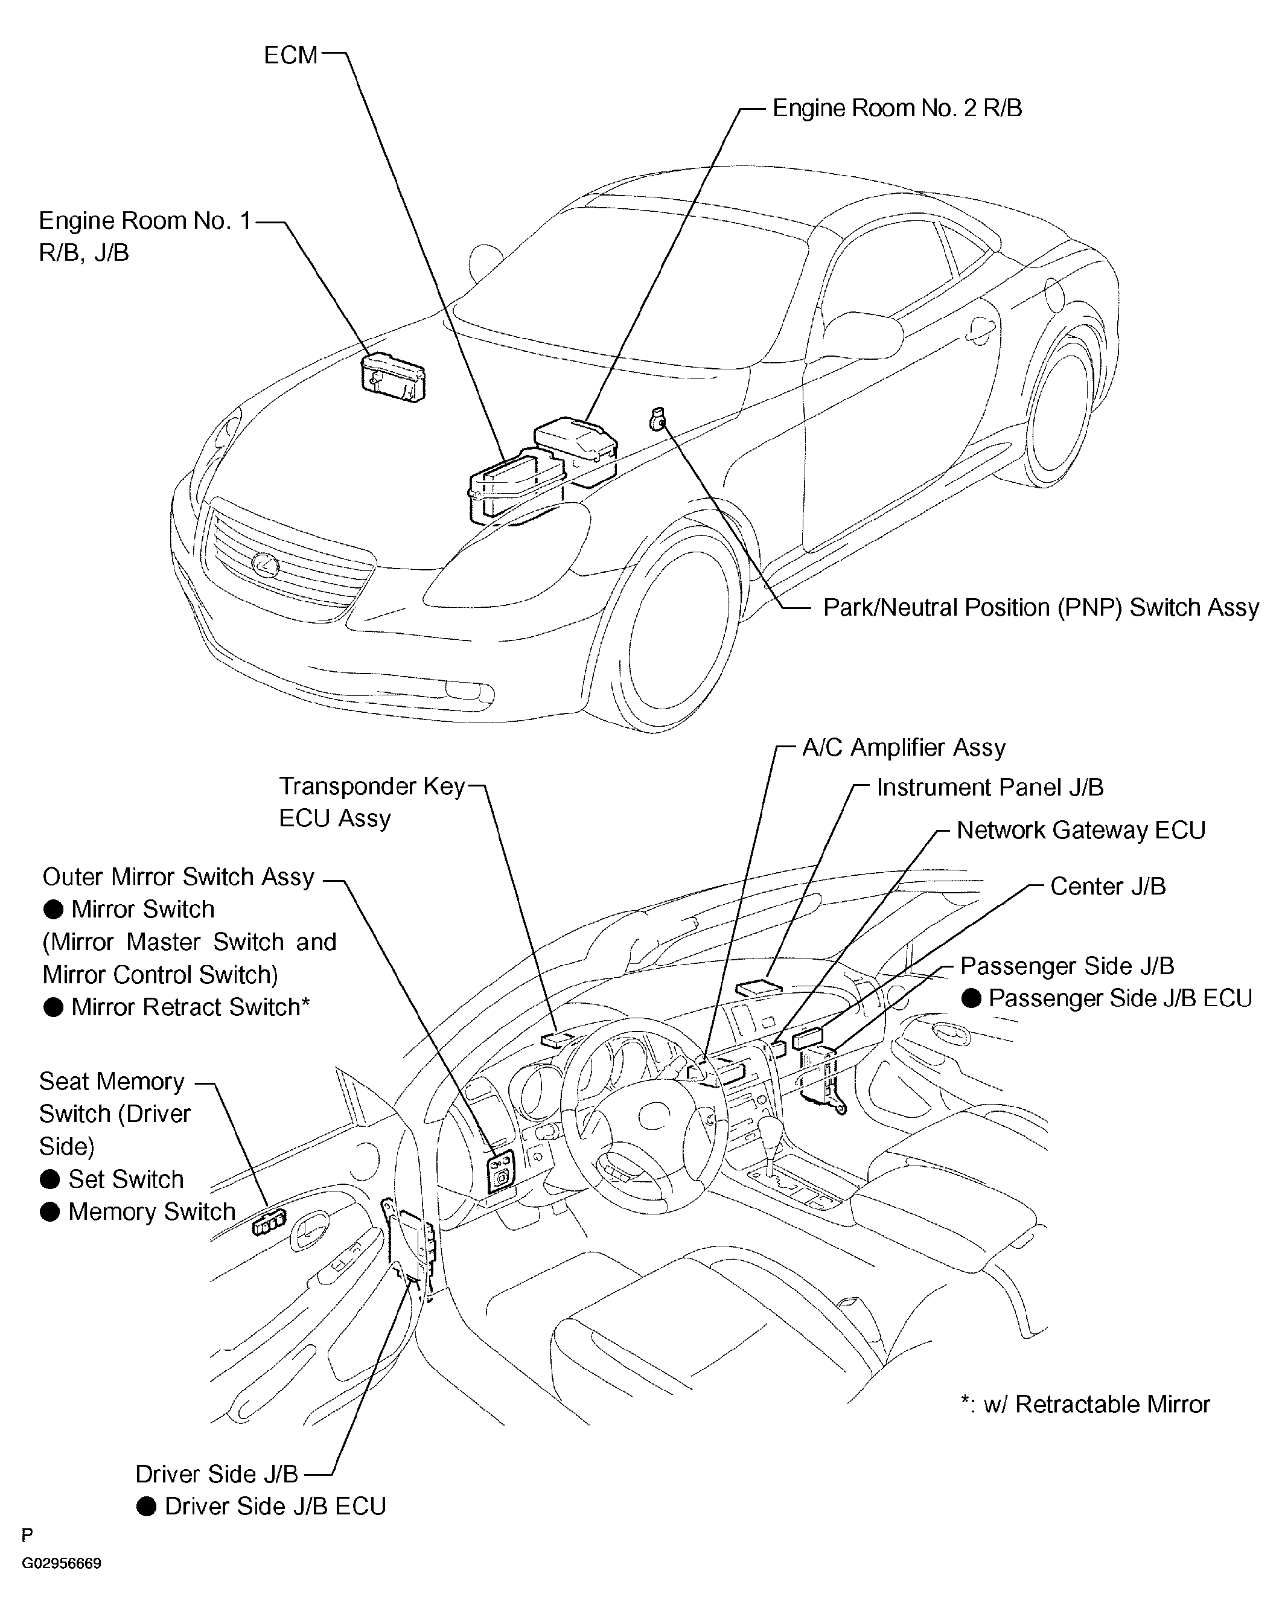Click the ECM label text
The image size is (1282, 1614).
tap(290, 56)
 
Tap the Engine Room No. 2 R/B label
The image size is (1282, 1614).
tap(896, 109)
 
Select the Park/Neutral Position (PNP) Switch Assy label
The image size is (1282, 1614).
tap(1041, 607)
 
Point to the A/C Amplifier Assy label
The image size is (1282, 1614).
tap(904, 748)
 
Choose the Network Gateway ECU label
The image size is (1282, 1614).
tap(1080, 830)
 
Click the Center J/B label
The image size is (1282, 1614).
tap(1108, 886)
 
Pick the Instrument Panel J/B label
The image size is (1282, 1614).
tap(989, 788)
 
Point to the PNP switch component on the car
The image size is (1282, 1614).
tap(657, 419)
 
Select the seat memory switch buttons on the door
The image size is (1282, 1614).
tap(269, 1225)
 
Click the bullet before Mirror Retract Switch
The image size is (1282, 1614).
tap(53, 1007)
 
